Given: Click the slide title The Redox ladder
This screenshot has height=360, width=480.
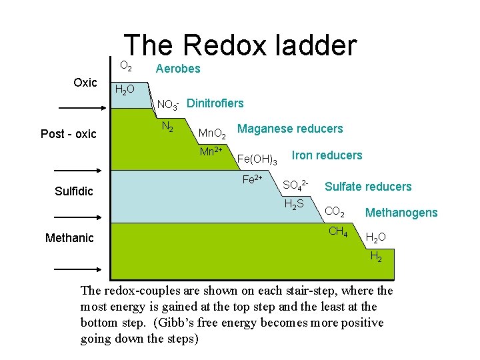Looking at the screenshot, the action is pos(240,45).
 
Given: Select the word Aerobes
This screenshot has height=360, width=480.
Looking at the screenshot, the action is pos(177,69).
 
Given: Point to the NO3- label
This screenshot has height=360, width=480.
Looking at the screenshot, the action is pos(167,105).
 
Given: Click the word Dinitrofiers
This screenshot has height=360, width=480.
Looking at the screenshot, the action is pos(215,103).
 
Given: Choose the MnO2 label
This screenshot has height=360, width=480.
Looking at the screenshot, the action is pos(213,135).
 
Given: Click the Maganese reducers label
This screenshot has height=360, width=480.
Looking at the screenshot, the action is pos(290,129).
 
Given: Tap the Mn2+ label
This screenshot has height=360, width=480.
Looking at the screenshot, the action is pos(211,151).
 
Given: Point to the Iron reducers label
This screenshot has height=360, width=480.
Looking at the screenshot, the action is pos(327,155).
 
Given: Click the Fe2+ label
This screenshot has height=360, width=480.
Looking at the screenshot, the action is pos(252,179).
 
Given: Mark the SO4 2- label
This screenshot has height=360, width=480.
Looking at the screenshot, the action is pos(295,185).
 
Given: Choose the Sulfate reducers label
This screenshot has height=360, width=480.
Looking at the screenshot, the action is pos(368,187).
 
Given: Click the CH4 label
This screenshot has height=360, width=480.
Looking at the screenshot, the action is pos(338,233).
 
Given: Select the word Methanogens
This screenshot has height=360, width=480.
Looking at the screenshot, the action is pos(401,213).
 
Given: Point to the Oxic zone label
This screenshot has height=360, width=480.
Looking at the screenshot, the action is pos(85,83).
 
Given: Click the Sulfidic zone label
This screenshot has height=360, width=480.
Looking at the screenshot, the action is pos(74,192).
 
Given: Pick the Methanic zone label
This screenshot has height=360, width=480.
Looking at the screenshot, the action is pos(69,238).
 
